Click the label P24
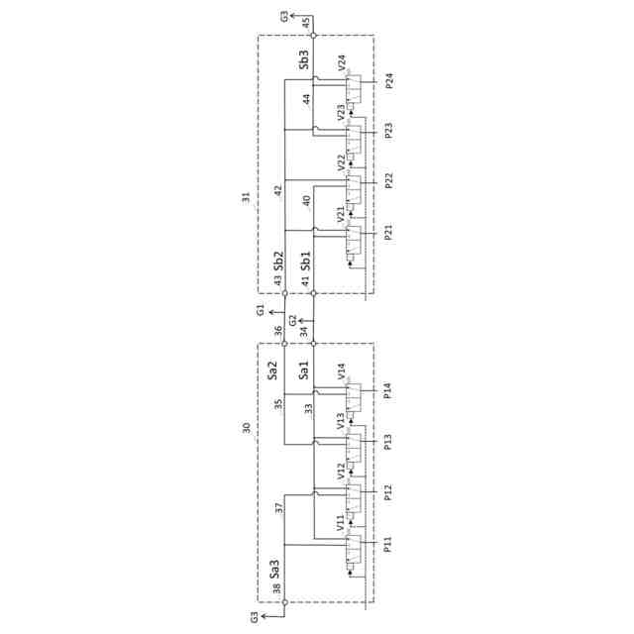coord(390,81)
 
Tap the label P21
coord(390,234)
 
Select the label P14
coord(390,389)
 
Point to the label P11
coord(390,543)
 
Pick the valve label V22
coord(343,163)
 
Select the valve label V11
coord(343,523)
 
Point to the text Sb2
coord(279,261)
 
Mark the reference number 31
coord(247,197)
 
